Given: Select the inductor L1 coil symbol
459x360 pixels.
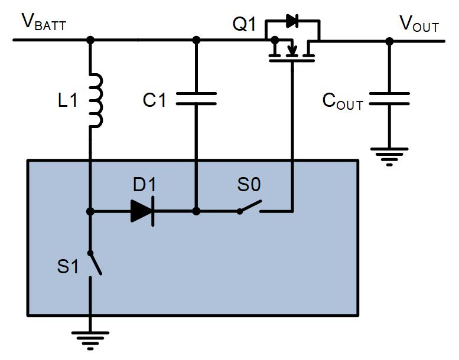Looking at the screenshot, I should click(x=95, y=100).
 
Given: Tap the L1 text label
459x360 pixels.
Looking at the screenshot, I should click(x=67, y=101).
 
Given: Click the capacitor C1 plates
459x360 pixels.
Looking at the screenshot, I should click(x=197, y=98).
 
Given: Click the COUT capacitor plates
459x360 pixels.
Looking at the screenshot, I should click(x=389, y=98).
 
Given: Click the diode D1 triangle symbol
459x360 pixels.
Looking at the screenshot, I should click(x=142, y=211).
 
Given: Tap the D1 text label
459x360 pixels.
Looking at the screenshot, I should click(x=144, y=185).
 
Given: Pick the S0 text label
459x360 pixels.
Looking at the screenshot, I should click(x=249, y=185).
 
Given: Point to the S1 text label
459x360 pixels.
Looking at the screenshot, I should click(x=68, y=267).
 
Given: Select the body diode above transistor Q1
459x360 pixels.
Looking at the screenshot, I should click(x=292, y=21).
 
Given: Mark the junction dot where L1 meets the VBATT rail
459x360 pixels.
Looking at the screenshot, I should click(x=90, y=40).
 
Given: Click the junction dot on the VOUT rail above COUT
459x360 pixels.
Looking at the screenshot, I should click(x=389, y=41).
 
